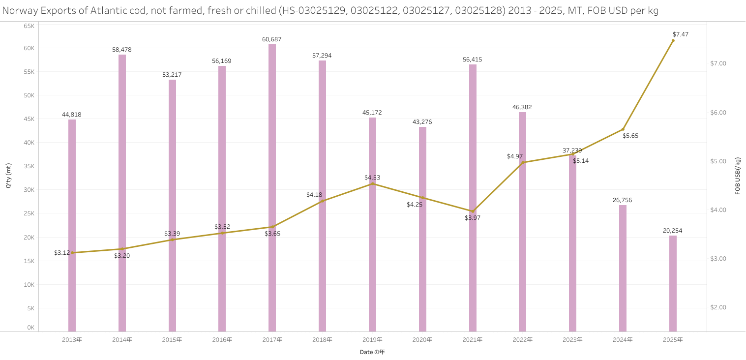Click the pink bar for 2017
(272, 187)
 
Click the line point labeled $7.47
(673, 41)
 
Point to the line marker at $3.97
(473, 211)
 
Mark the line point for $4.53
(372, 184)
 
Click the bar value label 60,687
(272, 39)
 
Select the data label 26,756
(623, 200)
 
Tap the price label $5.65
(630, 136)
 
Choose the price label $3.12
(62, 253)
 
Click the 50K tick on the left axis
(29, 95)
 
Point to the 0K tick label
(30, 328)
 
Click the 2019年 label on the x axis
(372, 340)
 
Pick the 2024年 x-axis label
(623, 340)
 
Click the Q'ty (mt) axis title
(8, 176)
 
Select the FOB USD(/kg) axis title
(738, 176)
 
